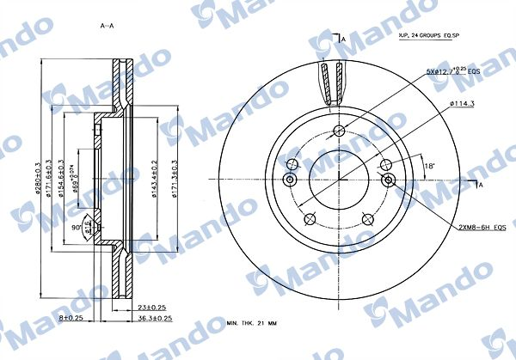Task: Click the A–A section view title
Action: [107, 26]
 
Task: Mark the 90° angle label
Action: [76, 228]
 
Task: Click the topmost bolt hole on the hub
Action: [339, 131]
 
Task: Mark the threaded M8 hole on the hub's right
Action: [389, 180]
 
